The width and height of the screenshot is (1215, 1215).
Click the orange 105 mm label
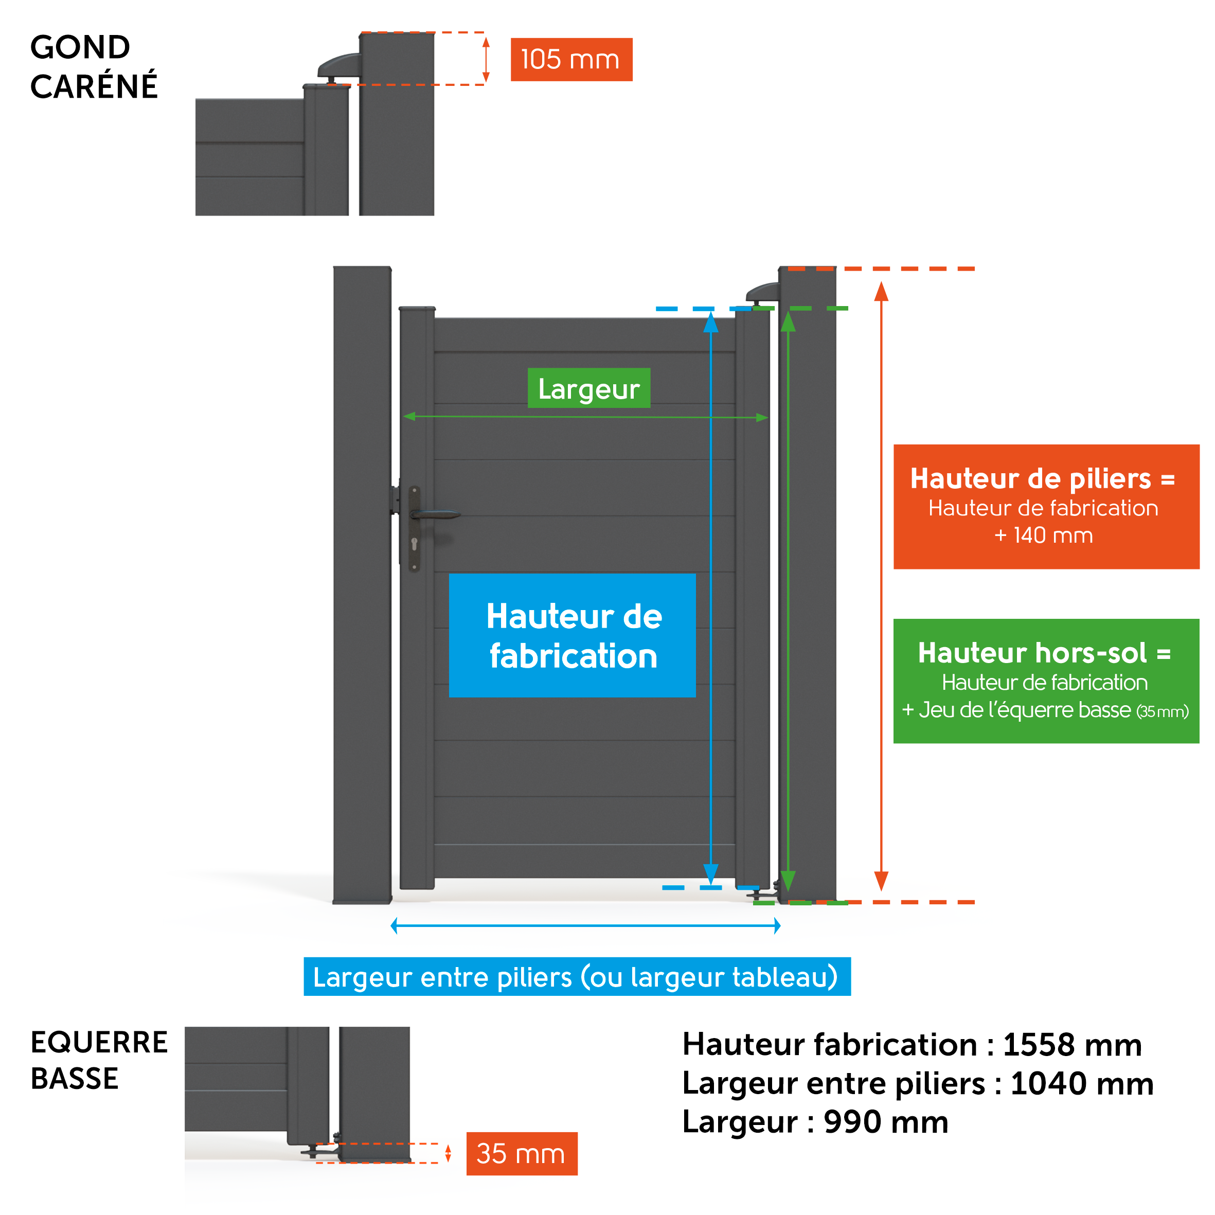coord(571,60)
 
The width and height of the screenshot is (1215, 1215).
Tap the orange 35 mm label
coord(522,1153)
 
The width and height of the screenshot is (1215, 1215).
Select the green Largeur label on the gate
coord(588,388)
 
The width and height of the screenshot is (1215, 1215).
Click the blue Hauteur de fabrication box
coord(573,635)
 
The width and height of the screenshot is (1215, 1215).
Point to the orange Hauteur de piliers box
coord(1046,507)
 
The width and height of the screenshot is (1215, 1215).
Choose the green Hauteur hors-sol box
coord(1046,681)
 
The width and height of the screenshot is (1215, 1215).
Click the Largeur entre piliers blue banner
coord(577,977)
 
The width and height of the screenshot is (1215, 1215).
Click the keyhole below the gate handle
coord(415,543)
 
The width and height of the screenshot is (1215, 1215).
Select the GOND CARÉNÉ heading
coord(94,67)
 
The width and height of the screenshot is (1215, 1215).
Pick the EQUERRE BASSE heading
coord(99,1060)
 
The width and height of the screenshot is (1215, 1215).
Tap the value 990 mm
coord(886,1122)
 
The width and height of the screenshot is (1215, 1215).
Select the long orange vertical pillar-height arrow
coord(882,586)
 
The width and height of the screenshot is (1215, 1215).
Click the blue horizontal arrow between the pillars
coord(585,926)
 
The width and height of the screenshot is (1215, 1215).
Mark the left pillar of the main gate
coord(362,585)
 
